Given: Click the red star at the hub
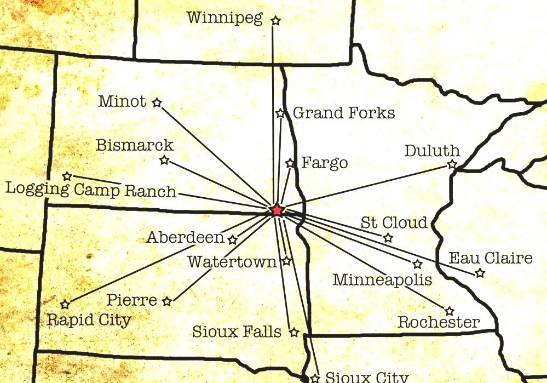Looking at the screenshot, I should (277, 210).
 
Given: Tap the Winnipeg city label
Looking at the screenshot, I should (224, 18).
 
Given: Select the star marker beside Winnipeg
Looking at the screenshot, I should (275, 21).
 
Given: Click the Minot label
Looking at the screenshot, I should (122, 101).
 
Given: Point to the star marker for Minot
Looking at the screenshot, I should (157, 102).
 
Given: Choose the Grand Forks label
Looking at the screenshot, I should (344, 113).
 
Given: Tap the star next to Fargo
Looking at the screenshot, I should (290, 163).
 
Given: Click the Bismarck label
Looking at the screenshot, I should (134, 145).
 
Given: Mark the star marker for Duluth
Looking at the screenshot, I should (452, 164).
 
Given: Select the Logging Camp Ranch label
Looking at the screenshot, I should (91, 190).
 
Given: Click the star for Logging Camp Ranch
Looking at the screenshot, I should (67, 176).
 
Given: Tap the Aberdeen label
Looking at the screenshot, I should (185, 238).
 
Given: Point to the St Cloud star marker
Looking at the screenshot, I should (388, 238).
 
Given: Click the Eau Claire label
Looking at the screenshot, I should (491, 258).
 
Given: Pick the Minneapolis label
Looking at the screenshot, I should (382, 280).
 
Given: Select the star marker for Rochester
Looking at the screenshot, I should (449, 311).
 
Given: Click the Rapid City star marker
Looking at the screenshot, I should (65, 304).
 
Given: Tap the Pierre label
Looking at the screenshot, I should (131, 300).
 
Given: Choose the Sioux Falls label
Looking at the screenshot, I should (237, 331).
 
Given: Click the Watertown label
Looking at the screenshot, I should (232, 262).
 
